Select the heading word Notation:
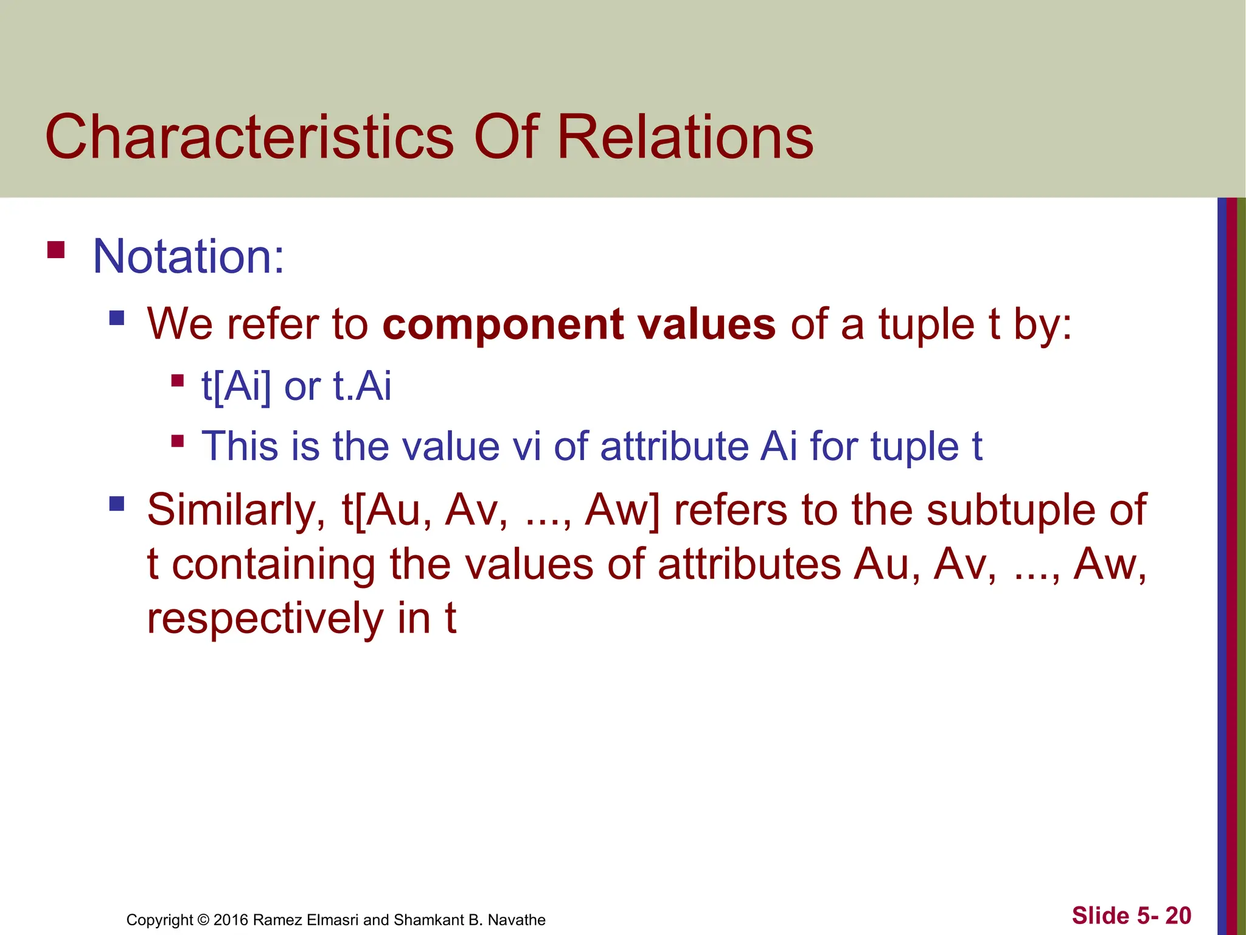[x=188, y=256]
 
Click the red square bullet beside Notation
[x=56, y=250]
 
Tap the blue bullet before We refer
[x=117, y=318]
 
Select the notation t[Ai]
[x=236, y=386]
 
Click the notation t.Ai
[x=362, y=386]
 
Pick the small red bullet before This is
[x=178, y=441]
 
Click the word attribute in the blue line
[x=672, y=446]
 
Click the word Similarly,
[x=236, y=510]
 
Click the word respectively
[x=265, y=618]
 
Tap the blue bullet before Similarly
[x=117, y=503]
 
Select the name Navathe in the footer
[x=517, y=920]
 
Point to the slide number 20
[x=1178, y=916]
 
